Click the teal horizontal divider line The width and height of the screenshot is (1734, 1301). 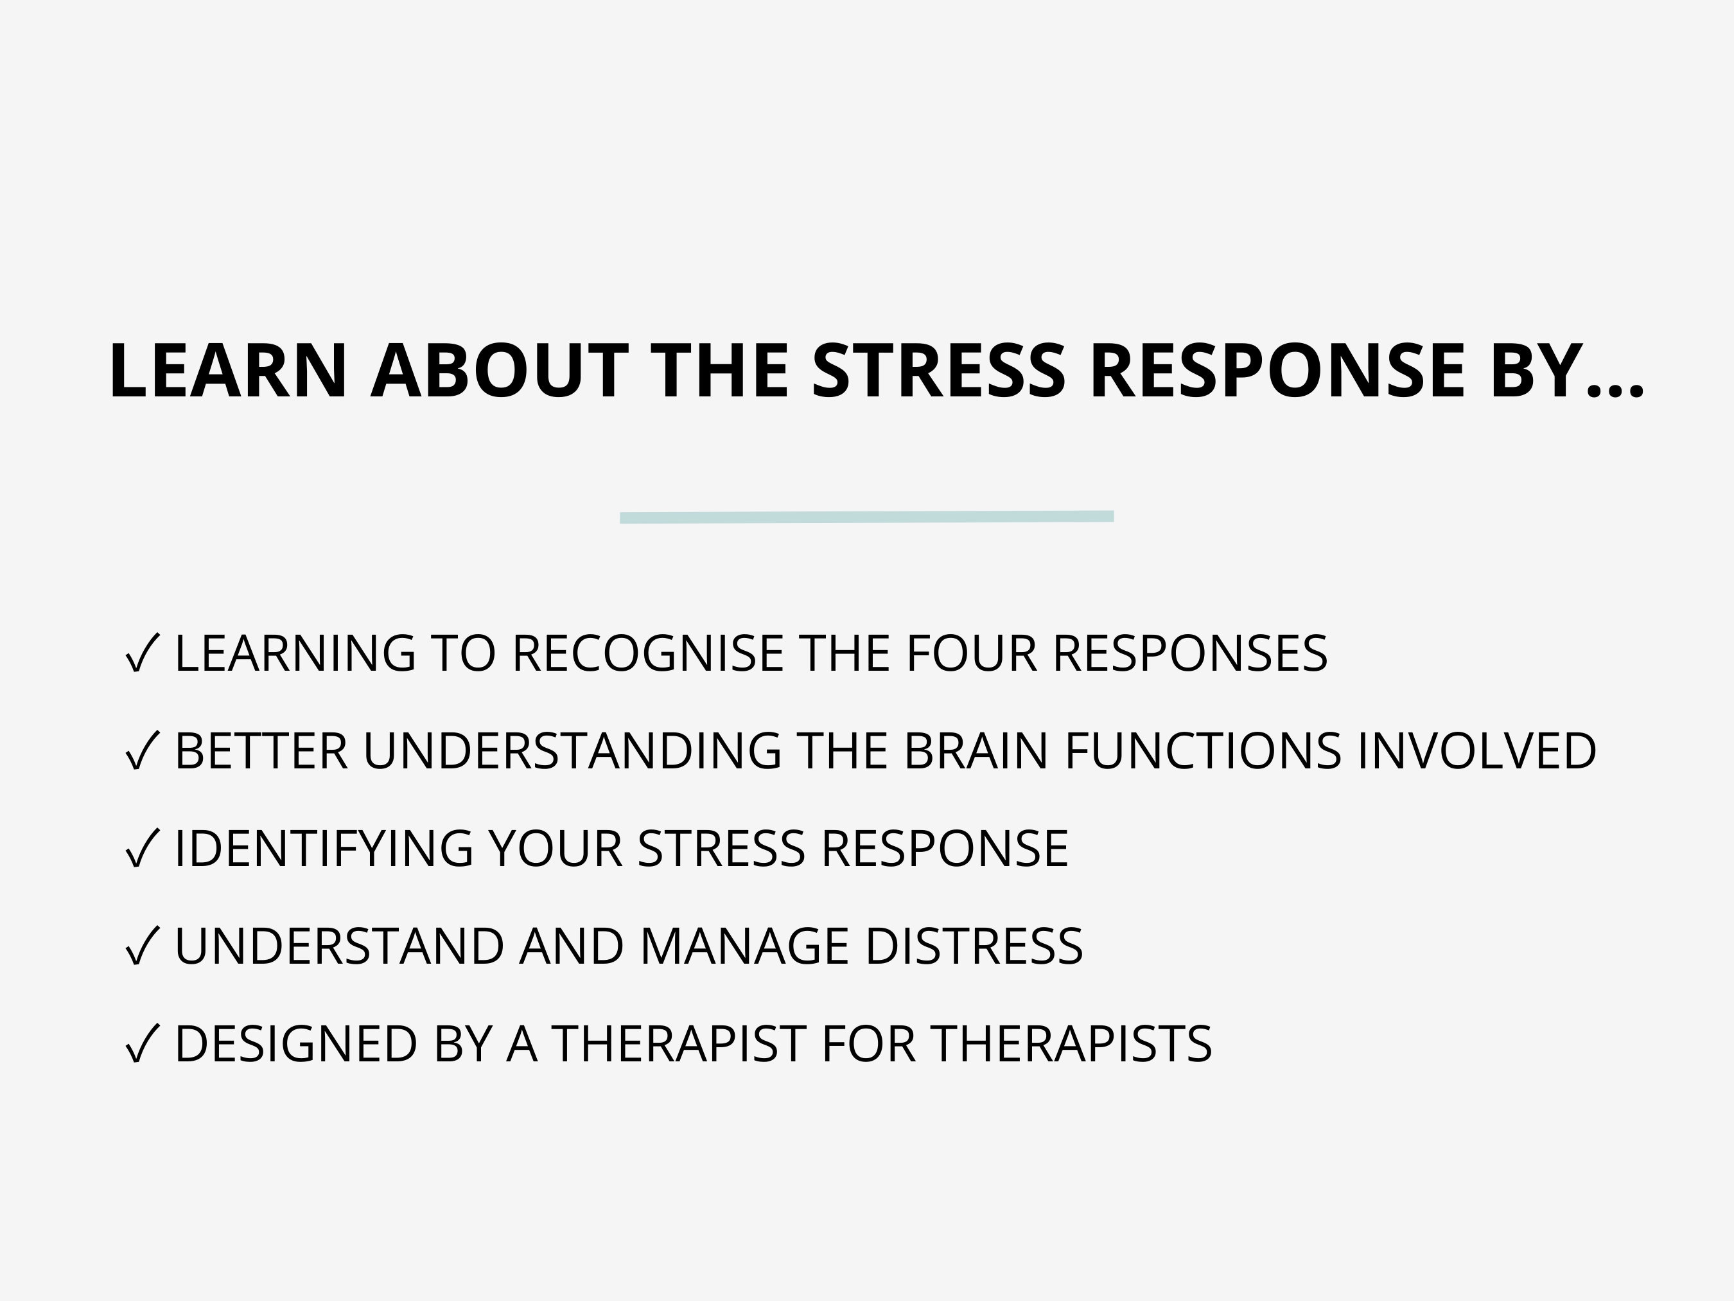point(866,517)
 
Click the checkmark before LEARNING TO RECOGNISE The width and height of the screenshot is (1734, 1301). point(142,653)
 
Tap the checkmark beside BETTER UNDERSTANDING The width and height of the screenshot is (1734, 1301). point(142,750)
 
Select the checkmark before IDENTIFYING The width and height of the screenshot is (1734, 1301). point(142,849)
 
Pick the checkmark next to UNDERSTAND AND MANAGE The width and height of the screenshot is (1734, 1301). point(142,946)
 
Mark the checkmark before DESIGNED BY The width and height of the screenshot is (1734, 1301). point(142,1044)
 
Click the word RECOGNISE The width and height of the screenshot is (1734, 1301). point(647,653)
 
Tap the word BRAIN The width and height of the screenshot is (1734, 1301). point(975,750)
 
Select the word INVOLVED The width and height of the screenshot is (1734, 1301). point(1476,750)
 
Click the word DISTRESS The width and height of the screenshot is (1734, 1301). point(974,946)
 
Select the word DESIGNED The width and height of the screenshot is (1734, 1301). point(295,1044)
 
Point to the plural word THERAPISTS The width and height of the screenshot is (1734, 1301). point(1072,1044)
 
